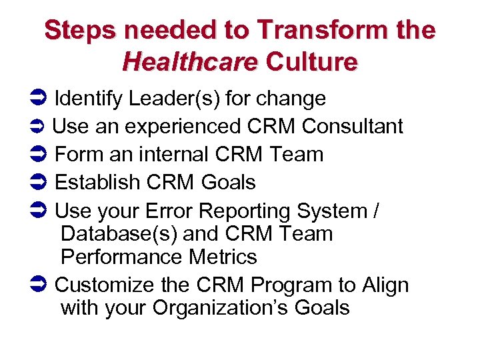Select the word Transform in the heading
[x=310, y=30]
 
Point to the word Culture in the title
[x=311, y=62]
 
